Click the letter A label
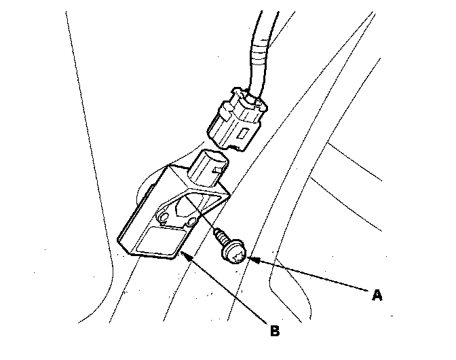(x=377, y=295)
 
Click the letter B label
(x=274, y=331)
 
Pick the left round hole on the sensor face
(x=164, y=217)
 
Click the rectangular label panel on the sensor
(x=157, y=242)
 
